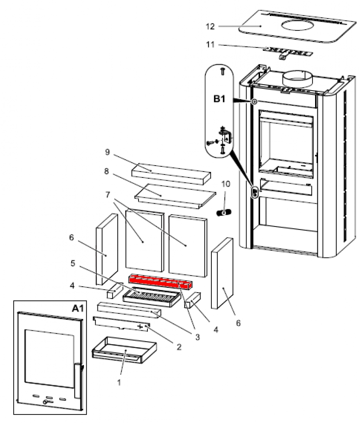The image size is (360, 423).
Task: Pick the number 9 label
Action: [108, 151]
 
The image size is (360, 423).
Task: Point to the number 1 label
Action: [119, 382]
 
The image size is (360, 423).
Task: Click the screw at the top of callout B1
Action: [222, 72]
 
